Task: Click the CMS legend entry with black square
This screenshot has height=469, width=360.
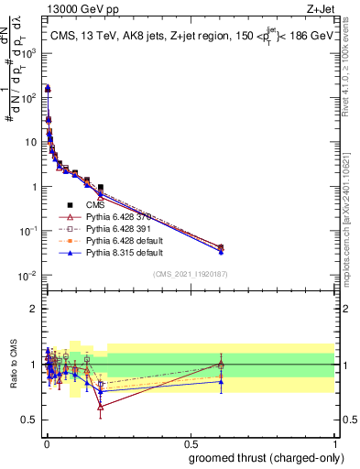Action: [82, 205]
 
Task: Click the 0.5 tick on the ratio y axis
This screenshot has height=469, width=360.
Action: [31, 420]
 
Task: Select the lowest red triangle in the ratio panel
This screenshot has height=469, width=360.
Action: [100, 406]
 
